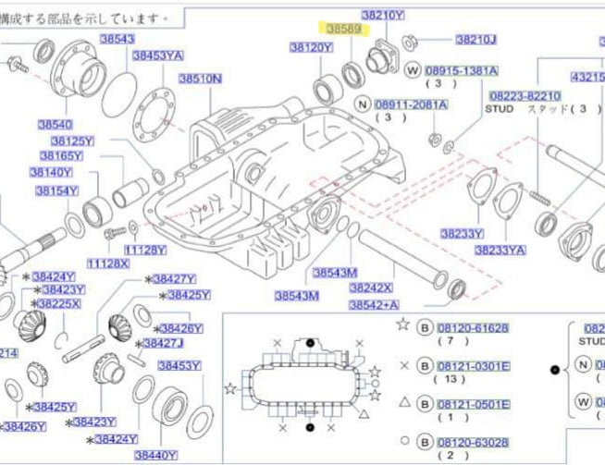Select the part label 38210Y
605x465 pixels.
coord(382,15)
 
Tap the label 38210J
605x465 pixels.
coord(476,40)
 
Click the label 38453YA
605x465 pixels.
coord(157,55)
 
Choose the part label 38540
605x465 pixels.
coord(55,124)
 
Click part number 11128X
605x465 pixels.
coord(108,263)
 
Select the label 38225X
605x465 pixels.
coord(57,303)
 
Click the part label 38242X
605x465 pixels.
coord(371,288)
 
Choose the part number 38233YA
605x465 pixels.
coord(500,250)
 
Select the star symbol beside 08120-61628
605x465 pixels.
coord(401,324)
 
